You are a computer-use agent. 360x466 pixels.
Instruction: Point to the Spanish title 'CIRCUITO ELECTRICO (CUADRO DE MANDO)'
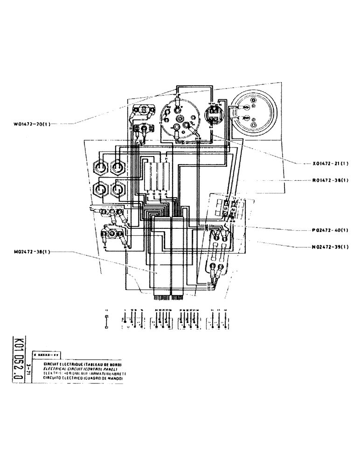point(83,379)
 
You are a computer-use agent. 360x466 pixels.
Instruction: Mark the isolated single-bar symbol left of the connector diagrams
point(107,322)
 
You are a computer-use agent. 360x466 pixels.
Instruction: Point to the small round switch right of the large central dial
point(215,113)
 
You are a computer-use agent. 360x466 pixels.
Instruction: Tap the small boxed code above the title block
point(50,355)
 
